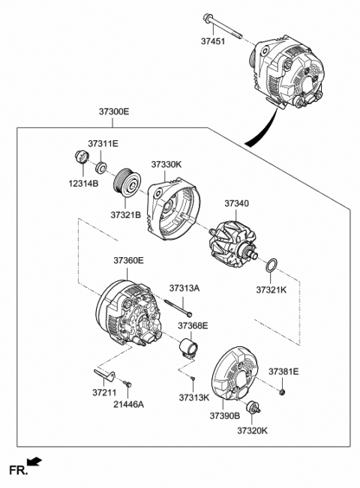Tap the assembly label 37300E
[114, 112]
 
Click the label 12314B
[83, 183]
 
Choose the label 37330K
[166, 163]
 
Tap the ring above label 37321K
[273, 265]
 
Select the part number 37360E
[129, 261]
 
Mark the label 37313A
[184, 287]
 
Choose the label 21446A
[128, 403]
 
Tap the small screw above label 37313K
[193, 380]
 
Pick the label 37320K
[253, 431]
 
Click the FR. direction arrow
[34, 463]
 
